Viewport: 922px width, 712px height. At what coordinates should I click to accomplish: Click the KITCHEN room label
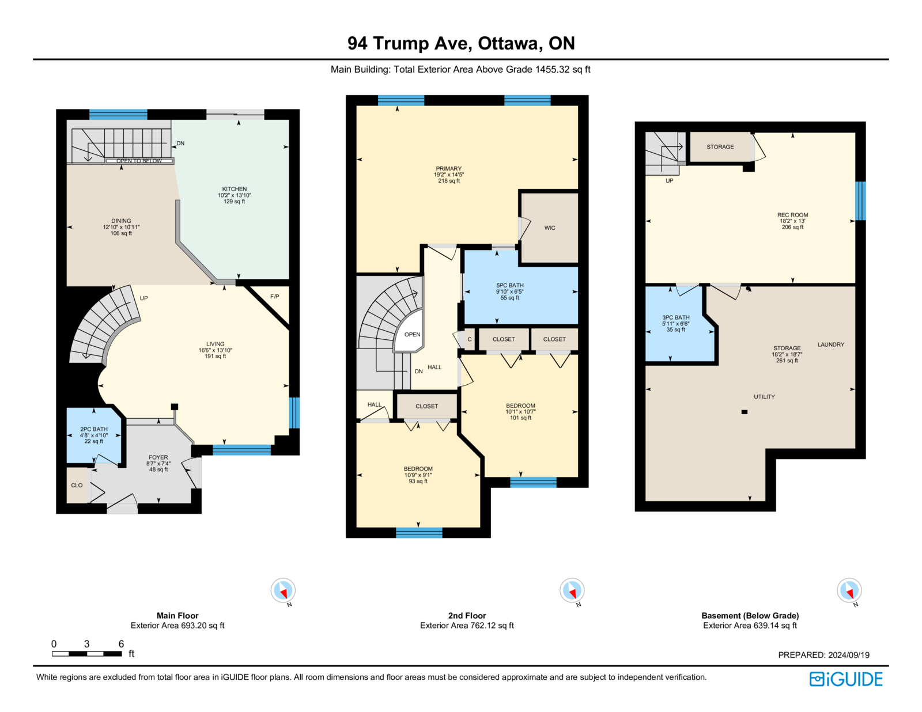coord(234,189)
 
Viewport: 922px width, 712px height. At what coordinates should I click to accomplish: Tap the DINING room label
coord(121,221)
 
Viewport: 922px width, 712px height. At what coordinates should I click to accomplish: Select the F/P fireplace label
coord(274,297)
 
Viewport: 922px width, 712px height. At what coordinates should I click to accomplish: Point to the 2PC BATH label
coord(94,429)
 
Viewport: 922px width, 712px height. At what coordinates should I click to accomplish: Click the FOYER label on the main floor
coord(158,457)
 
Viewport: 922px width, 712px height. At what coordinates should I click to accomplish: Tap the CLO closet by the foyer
coord(77,485)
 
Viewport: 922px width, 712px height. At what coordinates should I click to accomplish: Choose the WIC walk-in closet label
coord(550,228)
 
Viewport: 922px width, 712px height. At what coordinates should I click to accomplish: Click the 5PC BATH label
coord(509,285)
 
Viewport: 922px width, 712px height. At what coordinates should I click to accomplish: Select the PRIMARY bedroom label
coord(448,168)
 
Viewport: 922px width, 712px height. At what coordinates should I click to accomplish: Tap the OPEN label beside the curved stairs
coord(412,334)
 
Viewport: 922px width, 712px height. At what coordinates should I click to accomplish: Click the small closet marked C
coord(469,339)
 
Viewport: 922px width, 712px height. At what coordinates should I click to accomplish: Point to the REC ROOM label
coord(792,215)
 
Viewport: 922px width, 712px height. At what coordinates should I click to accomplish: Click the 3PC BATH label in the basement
coord(675,317)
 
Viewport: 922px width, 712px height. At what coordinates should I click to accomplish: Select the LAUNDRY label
coord(831,344)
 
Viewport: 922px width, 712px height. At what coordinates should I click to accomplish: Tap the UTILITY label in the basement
coord(764,396)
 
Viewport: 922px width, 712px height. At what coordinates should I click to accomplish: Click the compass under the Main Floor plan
coord(283,590)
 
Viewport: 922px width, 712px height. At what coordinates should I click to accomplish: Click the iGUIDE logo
coord(845,679)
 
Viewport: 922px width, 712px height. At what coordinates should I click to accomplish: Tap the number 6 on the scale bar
coord(121,643)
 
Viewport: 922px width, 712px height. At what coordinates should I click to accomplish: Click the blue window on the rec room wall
coord(860,200)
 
